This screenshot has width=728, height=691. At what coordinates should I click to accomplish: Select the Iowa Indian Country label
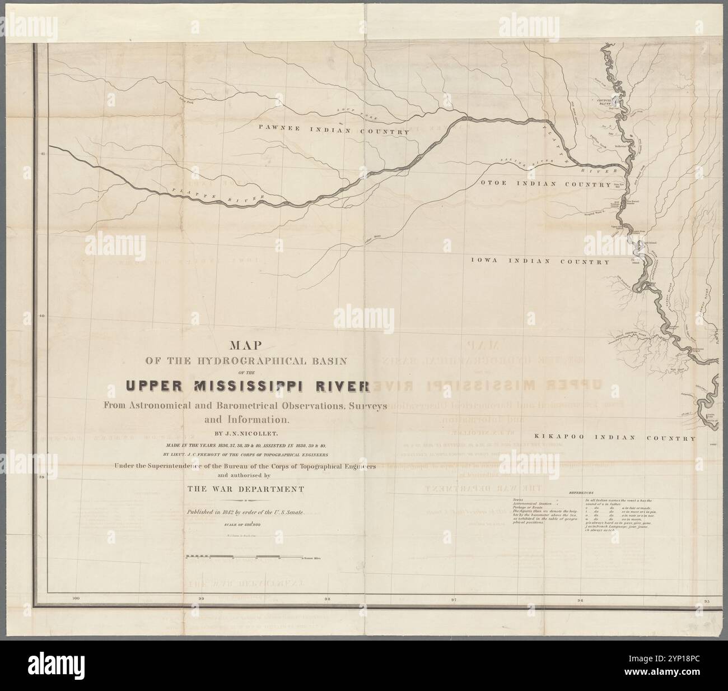pyautogui.click(x=540, y=262)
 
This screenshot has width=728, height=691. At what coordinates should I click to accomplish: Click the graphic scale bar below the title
pyautogui.click(x=244, y=558)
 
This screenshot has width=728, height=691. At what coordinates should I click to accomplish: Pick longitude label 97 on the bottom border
pyautogui.click(x=454, y=600)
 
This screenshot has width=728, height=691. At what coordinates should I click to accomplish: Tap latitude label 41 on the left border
pyautogui.click(x=41, y=155)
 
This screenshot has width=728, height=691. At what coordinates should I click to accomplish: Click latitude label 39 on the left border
pyautogui.click(x=41, y=477)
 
